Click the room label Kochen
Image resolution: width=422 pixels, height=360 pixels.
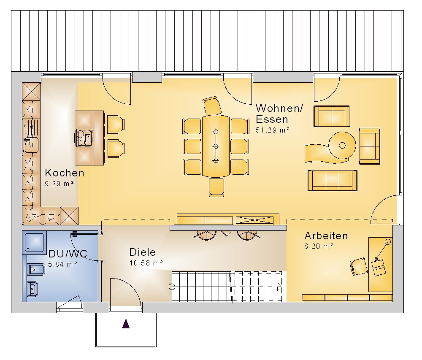coord(65,173)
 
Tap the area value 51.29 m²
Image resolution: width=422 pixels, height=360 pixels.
coord(272,130)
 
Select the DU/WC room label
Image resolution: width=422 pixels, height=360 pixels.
coord(68,254)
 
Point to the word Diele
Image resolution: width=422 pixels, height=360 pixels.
coord(142,252)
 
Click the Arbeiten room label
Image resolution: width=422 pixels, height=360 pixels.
coord(326,236)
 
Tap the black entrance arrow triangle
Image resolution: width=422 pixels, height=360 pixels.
coord(126,324)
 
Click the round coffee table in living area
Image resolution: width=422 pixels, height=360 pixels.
coord(342,145)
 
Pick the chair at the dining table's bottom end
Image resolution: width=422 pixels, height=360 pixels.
coord(216,187)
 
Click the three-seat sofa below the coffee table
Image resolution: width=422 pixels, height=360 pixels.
coord(333,181)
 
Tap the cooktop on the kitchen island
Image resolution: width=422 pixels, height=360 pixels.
coord(84,138)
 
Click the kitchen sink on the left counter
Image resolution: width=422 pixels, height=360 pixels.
coord(32,145)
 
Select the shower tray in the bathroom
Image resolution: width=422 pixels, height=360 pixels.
coord(34,242)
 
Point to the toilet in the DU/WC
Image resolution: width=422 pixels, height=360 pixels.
coord(36,270)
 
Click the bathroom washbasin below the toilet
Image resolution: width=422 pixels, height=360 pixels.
coord(32,289)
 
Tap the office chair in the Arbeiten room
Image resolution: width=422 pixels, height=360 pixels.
coord(359,266)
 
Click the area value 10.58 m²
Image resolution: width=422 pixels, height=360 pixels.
coord(146,263)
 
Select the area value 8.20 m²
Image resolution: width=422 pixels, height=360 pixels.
coord(319,246)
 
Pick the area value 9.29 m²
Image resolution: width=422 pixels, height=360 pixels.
coord(59,184)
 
